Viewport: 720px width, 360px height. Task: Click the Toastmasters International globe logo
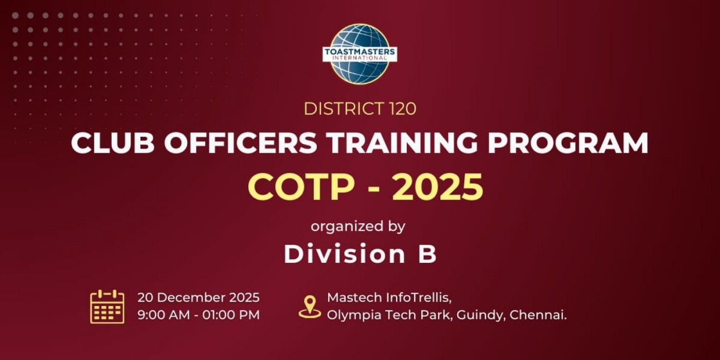(359, 54)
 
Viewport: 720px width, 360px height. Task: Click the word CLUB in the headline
(112, 143)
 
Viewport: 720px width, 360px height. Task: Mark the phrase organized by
(358, 226)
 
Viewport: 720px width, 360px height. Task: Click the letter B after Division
(427, 254)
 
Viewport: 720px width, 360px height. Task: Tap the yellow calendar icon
(107, 307)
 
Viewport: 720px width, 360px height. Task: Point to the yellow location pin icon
(310, 307)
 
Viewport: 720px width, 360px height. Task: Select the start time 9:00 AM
(164, 315)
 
